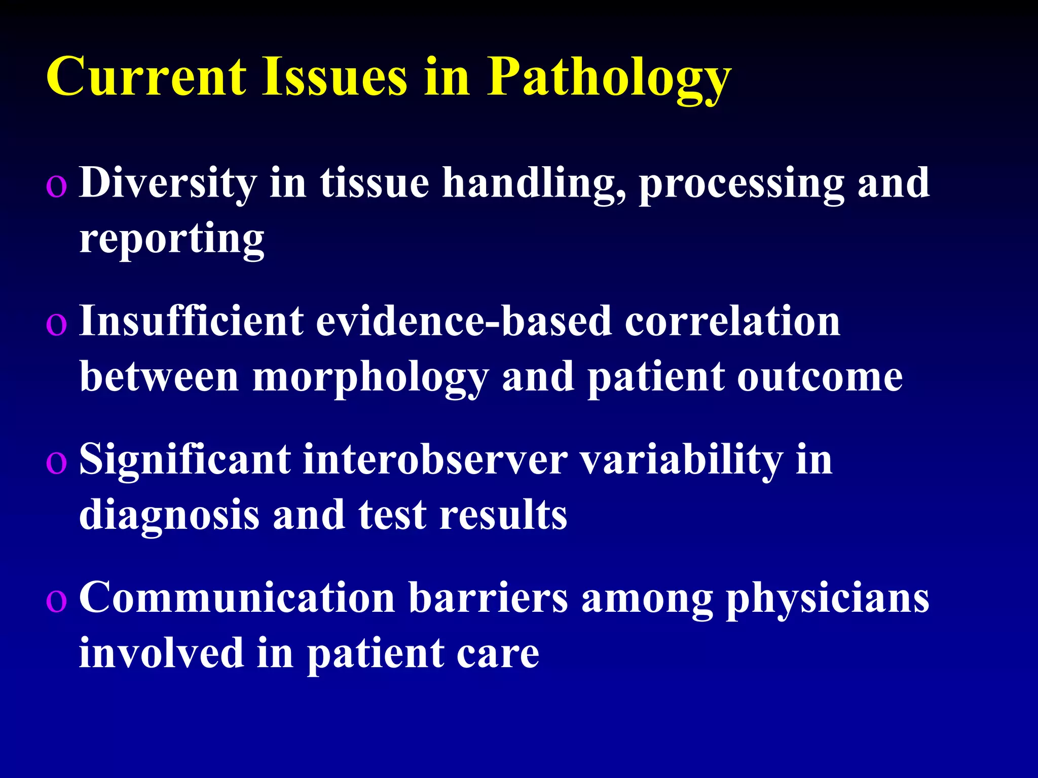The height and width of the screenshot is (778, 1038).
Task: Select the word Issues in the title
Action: tap(335, 77)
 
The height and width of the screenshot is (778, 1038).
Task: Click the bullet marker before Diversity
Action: tap(56, 186)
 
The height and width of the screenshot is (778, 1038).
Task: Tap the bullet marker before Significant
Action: tap(56, 463)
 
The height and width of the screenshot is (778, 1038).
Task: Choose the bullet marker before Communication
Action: tap(56, 601)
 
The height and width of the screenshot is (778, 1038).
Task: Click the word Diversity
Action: tap(168, 183)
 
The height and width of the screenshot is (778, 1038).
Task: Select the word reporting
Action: tap(172, 239)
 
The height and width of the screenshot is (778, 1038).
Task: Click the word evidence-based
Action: tap(464, 322)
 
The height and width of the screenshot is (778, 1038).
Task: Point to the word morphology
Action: tap(370, 378)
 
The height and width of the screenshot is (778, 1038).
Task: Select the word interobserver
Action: tap(435, 460)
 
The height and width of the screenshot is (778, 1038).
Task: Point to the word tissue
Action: tap(375, 183)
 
